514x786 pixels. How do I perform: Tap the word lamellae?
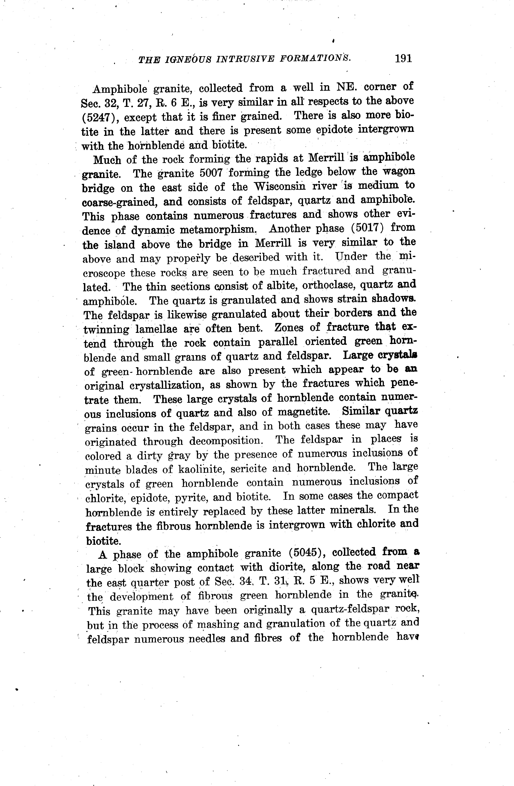click(156, 329)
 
